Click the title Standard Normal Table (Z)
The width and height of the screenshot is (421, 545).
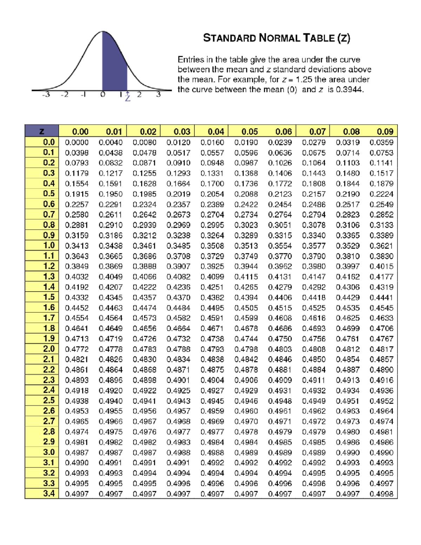(276, 38)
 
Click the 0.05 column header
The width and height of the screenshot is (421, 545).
(249, 132)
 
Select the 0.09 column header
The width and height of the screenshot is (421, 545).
(385, 132)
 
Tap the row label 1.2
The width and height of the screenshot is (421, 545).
(49, 266)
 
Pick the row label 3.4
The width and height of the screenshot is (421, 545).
(49, 493)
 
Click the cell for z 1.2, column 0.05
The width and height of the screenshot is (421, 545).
(246, 266)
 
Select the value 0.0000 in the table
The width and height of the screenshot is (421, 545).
(76, 142)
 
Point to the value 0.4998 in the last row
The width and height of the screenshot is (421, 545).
(381, 494)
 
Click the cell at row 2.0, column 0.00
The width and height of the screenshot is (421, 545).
(76, 349)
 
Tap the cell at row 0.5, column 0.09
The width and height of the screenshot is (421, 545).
(381, 194)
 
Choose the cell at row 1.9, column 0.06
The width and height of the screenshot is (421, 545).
(280, 339)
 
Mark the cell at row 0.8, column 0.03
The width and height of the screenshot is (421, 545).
(178, 225)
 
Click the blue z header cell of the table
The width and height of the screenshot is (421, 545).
(42, 131)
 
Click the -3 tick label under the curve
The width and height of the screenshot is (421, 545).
(46, 95)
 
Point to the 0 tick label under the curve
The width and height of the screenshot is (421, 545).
(102, 95)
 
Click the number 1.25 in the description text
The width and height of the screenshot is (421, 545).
(304, 80)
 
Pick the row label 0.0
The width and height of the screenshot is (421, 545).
(49, 142)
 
